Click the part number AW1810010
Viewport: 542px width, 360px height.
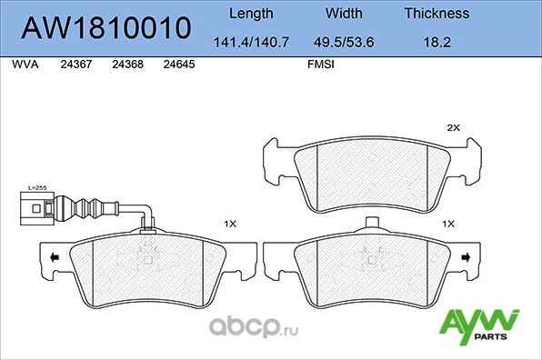click(106, 27)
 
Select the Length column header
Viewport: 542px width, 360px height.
click(249, 14)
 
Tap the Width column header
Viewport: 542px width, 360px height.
click(344, 14)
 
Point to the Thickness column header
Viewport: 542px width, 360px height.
click(437, 14)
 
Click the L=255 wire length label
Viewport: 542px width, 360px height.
click(37, 186)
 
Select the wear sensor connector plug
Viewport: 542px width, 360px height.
click(36, 206)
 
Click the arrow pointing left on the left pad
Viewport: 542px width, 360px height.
click(55, 258)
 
